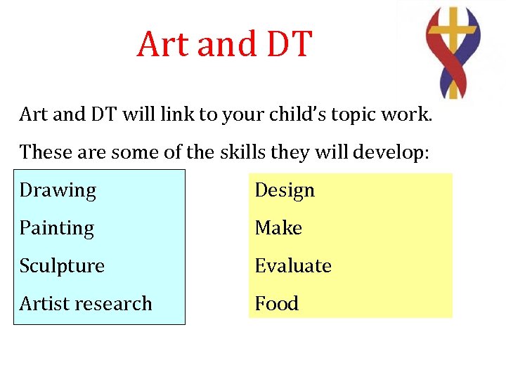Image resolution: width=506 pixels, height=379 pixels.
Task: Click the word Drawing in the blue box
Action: pyautogui.click(x=58, y=191)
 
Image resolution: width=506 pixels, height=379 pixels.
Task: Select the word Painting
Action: pyautogui.click(x=56, y=229)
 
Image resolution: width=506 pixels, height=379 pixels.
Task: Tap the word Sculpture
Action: pyautogui.click(x=62, y=267)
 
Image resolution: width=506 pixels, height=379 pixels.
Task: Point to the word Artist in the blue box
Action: pyautogui.click(x=39, y=304)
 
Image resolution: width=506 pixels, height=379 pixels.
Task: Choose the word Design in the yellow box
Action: pyautogui.click(x=285, y=191)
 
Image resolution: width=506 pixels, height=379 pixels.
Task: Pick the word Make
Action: pyautogui.click(x=278, y=228)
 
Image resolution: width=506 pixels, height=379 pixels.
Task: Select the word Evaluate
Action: pyautogui.click(x=293, y=266)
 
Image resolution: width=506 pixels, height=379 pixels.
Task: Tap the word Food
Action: pyautogui.click(x=276, y=304)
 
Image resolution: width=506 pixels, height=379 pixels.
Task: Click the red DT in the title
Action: pyautogui.click(x=288, y=44)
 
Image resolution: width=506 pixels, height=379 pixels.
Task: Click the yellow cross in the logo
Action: pyautogui.click(x=453, y=42)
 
